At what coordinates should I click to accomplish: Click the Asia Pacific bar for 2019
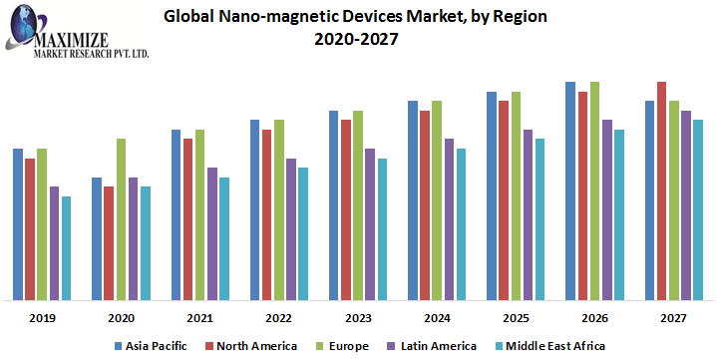(x=18, y=223)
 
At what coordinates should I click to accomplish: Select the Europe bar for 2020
(x=121, y=218)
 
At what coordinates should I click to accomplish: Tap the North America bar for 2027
(x=662, y=190)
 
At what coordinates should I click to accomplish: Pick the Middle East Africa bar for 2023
(x=383, y=228)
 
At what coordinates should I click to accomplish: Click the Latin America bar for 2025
(x=529, y=214)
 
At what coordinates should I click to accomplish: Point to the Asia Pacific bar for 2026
(x=570, y=190)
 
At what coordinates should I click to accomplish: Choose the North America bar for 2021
(x=187, y=218)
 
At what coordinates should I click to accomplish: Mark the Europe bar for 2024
(x=437, y=199)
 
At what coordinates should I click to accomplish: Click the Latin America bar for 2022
(x=291, y=228)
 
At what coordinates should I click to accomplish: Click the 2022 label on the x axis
(x=278, y=317)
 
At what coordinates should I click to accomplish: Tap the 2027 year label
(x=674, y=317)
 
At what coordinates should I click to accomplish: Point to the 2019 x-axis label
(x=42, y=317)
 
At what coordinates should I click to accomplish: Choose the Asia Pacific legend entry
(x=155, y=345)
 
